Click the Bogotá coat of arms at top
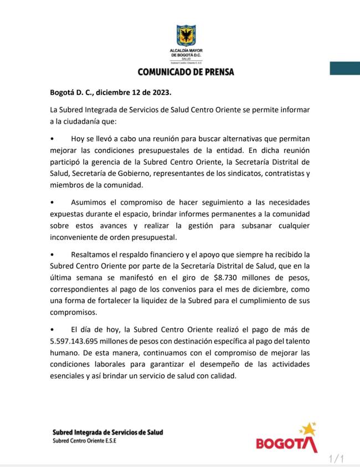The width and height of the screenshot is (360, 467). click(186, 35)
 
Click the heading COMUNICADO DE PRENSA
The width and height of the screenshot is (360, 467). click(186, 72)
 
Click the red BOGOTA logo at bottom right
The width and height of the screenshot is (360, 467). click(287, 444)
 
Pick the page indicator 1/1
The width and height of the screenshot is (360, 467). click(337, 459)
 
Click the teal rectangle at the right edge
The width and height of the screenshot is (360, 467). click(344, 69)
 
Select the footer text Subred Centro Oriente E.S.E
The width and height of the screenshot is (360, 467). click(85, 441)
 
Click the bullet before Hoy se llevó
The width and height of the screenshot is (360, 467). click(52, 139)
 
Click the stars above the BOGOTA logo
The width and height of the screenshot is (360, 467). click(307, 428)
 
